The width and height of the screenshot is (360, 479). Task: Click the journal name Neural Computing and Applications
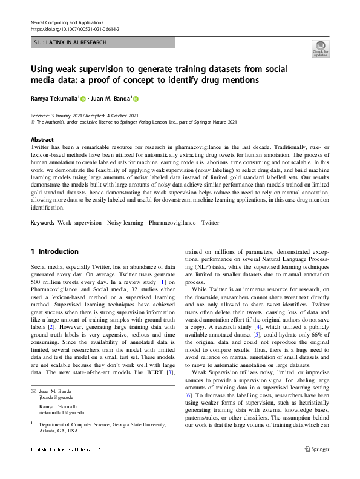[67, 22]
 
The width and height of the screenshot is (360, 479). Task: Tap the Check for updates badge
[319, 49]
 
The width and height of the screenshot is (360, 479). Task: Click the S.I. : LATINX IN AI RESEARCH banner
[70, 42]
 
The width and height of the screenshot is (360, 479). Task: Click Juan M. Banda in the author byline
[110, 99]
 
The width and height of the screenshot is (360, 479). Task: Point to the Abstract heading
[42, 139]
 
